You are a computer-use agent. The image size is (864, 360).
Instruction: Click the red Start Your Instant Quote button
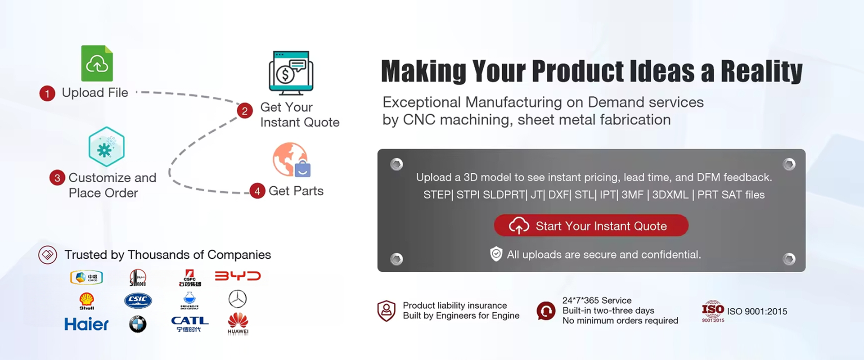591,225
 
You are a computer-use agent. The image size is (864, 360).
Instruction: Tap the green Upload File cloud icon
97,63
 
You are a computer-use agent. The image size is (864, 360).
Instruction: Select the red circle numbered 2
244,111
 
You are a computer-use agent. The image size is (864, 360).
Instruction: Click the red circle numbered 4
257,191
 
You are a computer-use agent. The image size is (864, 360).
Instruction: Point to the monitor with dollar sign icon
291,73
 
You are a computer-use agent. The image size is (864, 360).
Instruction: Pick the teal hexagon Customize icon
106,147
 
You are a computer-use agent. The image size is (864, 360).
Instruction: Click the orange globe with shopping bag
291,160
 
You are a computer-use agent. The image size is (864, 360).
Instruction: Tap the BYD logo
238,276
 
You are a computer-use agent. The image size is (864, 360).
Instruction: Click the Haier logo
86,324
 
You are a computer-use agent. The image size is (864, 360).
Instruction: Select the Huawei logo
238,324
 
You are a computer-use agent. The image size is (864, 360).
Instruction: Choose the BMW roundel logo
138,324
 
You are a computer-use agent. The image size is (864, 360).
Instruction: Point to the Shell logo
86,301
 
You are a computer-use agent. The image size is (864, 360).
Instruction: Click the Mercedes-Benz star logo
237,299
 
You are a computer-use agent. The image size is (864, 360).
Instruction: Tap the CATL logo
189,324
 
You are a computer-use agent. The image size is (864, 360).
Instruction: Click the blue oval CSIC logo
138,300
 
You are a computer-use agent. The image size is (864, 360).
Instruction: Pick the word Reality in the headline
761,72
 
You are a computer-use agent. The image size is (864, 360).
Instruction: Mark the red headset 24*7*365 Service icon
546,310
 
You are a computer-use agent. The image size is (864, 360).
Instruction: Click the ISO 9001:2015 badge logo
713,311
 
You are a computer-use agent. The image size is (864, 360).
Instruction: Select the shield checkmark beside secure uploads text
496,254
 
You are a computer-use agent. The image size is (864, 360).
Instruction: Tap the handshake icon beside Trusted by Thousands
48,255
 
